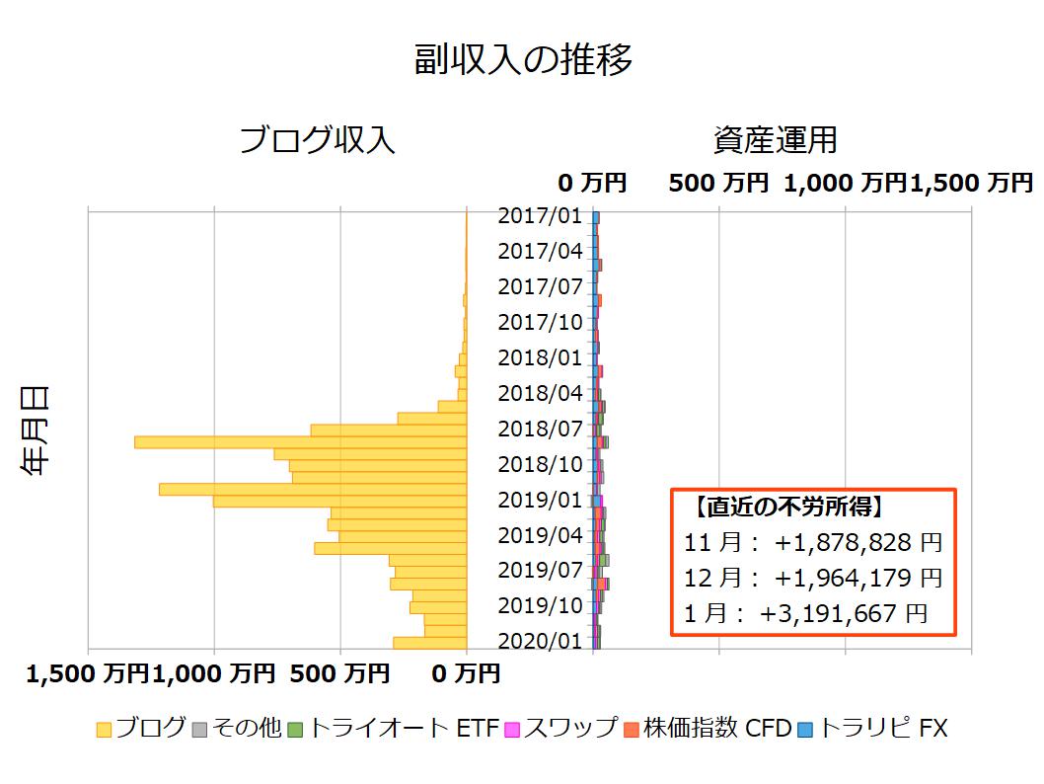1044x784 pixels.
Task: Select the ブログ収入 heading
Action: [x=317, y=140]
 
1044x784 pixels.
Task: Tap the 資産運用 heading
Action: [x=775, y=140]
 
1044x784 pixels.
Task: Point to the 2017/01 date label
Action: [x=540, y=215]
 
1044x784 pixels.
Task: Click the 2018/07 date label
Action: [x=540, y=429]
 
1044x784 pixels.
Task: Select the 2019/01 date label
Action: [x=540, y=500]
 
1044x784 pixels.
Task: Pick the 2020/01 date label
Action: [x=540, y=641]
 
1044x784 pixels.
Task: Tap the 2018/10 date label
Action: [x=540, y=464]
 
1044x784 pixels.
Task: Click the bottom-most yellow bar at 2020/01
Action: [x=429, y=643]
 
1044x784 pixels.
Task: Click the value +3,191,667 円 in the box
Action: [x=844, y=613]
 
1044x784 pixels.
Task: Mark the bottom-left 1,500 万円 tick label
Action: [x=87, y=674]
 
